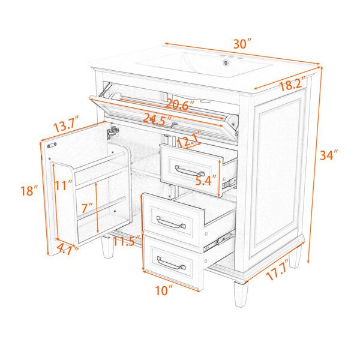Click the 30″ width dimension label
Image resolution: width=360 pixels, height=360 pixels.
[242, 44]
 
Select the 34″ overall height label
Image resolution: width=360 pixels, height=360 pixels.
[329, 155]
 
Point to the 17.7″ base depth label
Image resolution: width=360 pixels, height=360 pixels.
[278, 270]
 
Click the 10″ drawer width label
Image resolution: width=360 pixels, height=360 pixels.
[164, 290]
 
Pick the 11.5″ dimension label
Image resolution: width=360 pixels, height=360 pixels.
[127, 241]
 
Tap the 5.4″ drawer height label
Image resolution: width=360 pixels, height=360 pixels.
[206, 180]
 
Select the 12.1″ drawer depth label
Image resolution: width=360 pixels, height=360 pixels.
[190, 139]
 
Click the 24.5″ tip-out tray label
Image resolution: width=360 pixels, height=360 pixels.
[157, 119]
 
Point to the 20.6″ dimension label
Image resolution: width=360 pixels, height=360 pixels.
[180, 104]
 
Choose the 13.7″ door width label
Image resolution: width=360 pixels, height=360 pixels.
[66, 124]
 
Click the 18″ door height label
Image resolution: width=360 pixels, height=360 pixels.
[29, 190]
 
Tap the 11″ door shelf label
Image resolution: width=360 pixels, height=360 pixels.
[64, 185]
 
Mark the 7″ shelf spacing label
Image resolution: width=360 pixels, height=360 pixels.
[87, 208]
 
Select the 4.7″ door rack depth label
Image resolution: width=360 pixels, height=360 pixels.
[67, 248]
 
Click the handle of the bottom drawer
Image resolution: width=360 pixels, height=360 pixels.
[171, 263]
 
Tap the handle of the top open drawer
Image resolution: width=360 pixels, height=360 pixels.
[190, 171]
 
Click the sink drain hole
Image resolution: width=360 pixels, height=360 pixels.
[226, 62]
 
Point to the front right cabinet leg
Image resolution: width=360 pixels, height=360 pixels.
[241, 294]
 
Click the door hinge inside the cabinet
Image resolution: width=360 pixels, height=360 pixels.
[113, 133]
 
